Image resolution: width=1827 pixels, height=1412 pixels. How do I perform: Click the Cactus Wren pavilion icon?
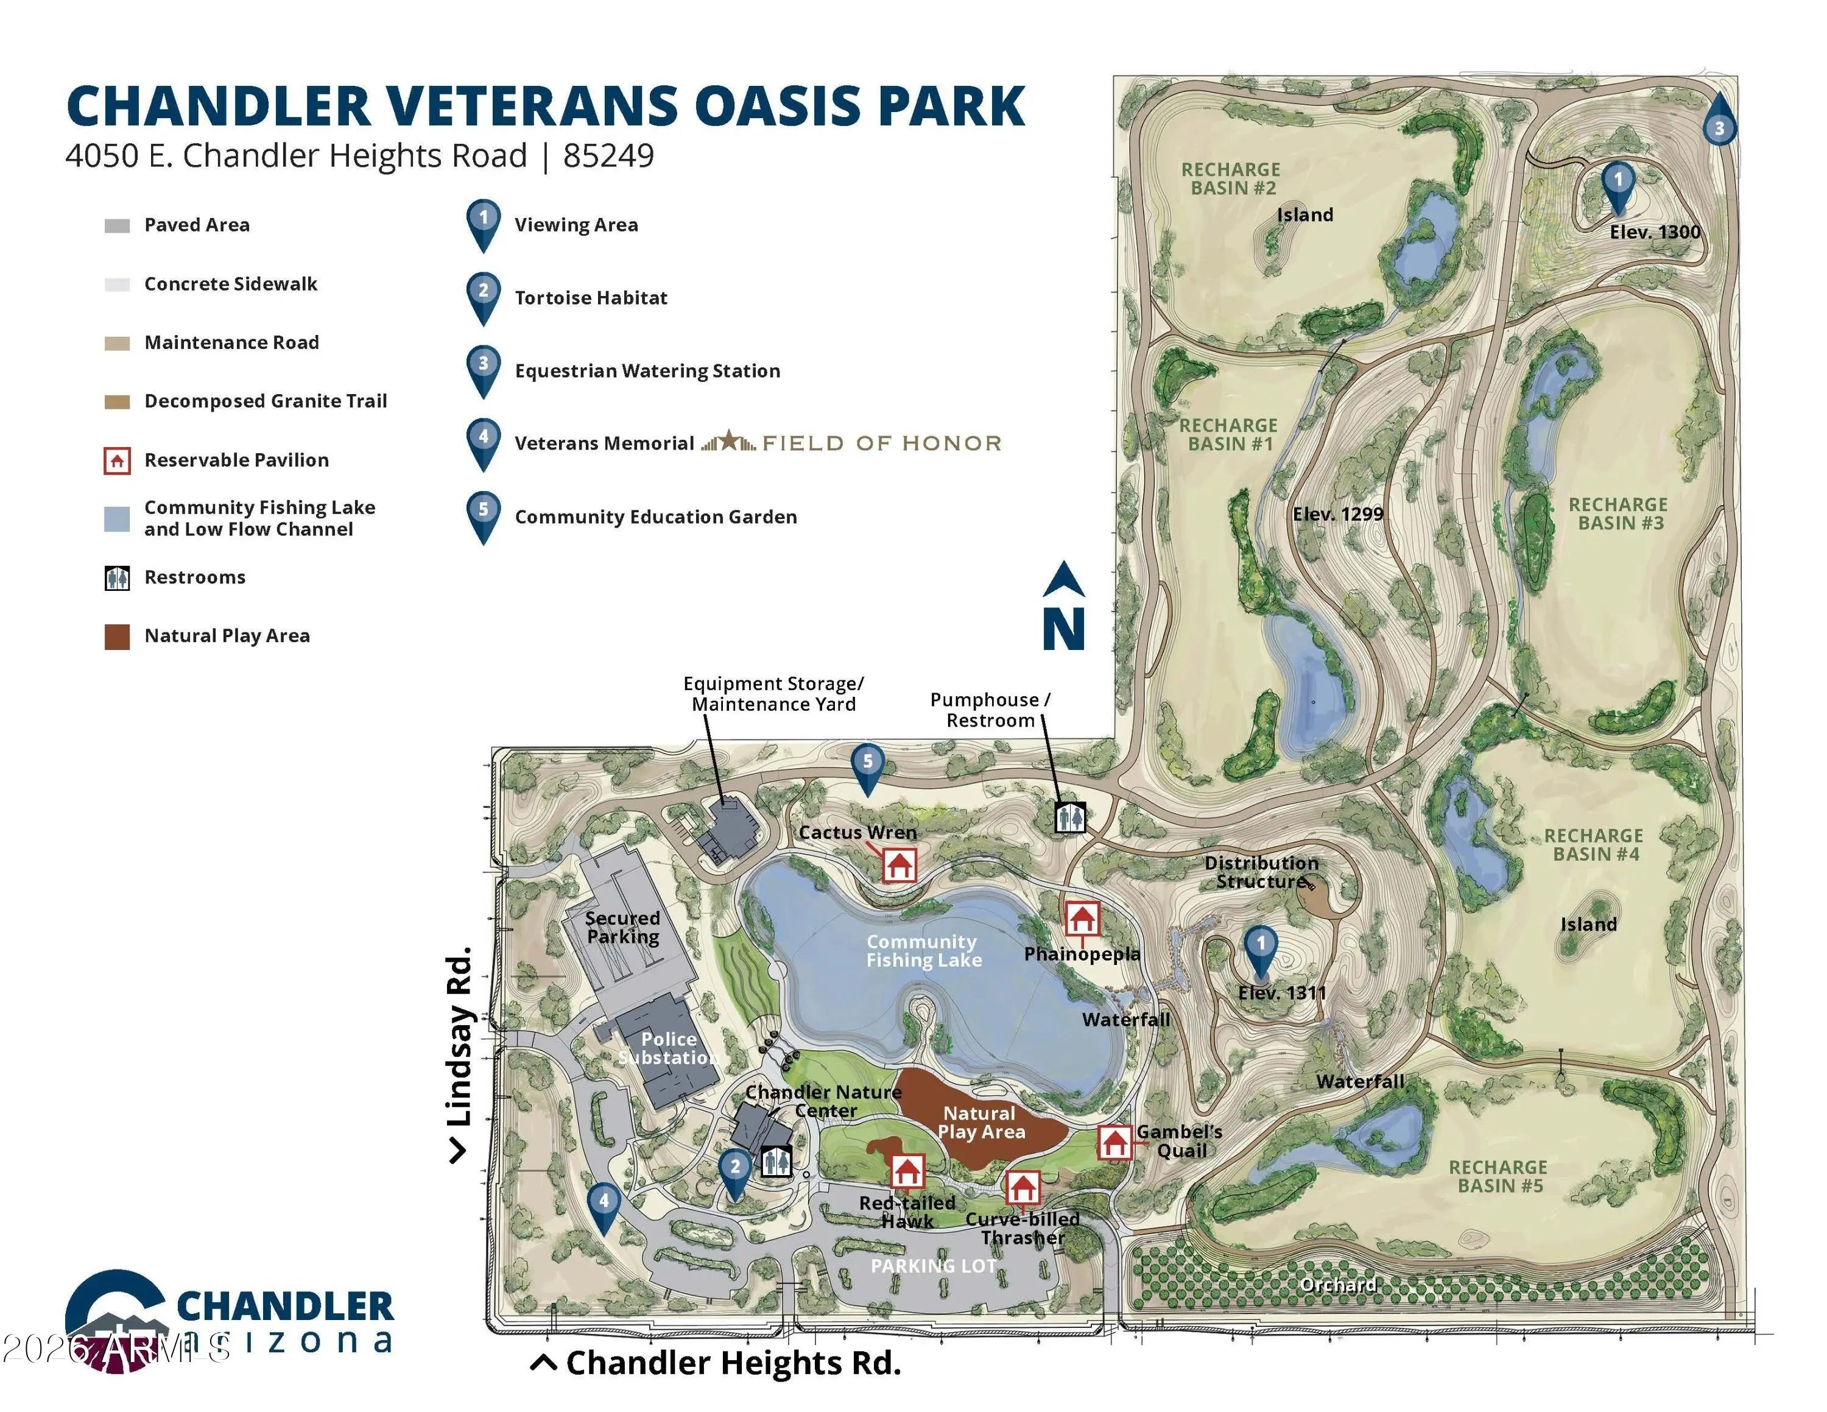click(x=899, y=865)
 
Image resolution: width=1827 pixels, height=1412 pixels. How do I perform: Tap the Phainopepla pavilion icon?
click(x=1082, y=919)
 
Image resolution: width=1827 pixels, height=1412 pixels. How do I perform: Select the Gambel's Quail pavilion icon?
click(x=1113, y=1142)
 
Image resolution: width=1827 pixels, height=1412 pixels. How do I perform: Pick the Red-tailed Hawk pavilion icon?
click(x=907, y=1171)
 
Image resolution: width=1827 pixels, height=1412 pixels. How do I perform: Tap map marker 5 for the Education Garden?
click(x=867, y=769)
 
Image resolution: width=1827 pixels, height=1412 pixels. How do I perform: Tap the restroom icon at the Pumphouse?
click(x=1070, y=817)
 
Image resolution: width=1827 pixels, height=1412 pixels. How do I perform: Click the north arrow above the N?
click(x=1063, y=578)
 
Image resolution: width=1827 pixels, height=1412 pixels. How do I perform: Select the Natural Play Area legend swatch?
click(x=117, y=637)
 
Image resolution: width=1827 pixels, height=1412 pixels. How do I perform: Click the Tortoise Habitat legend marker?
click(x=484, y=297)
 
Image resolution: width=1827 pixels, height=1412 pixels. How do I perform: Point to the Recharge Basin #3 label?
click(x=1619, y=514)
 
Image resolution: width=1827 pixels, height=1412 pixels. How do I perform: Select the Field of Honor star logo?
click(x=728, y=441)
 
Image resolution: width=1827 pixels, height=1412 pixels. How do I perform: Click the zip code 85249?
click(x=608, y=155)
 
